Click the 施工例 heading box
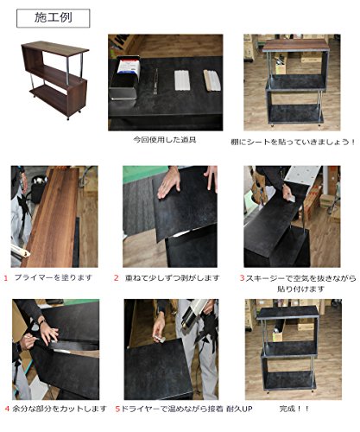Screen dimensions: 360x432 click(54, 18)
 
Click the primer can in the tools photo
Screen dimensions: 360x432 click(125, 78)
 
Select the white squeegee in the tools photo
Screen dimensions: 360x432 click(182, 80)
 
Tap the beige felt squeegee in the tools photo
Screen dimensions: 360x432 click(212, 80)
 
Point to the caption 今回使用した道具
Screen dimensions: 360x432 click(165, 140)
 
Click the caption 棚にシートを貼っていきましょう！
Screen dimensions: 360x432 click(293, 142)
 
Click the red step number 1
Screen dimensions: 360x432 click(6, 278)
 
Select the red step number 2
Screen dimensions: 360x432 click(117, 278)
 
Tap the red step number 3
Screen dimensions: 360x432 click(243, 278)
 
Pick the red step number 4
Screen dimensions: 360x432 click(7, 409)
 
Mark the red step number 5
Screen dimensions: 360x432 click(117, 409)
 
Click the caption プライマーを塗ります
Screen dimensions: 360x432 click(54, 278)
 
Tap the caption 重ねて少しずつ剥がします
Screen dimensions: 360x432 click(172, 278)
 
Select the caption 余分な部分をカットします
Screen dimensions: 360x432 click(60, 409)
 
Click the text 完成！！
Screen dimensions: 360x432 click(294, 409)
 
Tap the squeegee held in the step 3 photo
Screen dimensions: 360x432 click(292, 199)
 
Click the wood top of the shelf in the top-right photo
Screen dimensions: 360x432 click(296, 45)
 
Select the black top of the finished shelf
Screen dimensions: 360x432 click(287, 313)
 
